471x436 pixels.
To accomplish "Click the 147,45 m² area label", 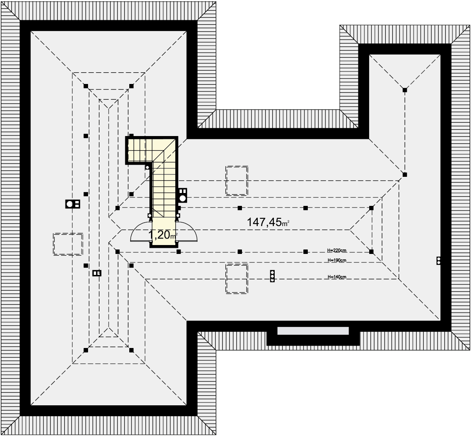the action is [268, 222].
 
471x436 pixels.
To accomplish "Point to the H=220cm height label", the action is [337, 250].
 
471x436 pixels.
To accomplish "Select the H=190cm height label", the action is [337, 260].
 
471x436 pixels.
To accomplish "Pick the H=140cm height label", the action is [337, 277].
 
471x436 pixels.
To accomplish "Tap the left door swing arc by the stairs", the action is [140, 231].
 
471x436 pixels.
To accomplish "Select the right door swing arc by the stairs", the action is [187, 231].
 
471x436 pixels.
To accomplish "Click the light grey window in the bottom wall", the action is [313, 331].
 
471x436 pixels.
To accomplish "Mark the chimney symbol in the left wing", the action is [73, 204].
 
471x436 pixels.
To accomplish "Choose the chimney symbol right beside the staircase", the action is [183, 195].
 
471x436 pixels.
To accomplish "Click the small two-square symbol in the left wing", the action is [97, 273].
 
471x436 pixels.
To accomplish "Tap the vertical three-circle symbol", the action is [272, 276].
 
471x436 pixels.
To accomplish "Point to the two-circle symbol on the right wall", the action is [439, 261].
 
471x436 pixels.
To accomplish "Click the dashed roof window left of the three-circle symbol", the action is [237, 279].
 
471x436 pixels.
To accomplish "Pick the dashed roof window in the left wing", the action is [68, 244].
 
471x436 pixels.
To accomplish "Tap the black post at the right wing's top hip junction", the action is [405, 90].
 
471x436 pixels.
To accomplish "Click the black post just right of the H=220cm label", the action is [372, 252].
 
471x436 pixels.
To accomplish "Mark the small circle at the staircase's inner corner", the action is [147, 168].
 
